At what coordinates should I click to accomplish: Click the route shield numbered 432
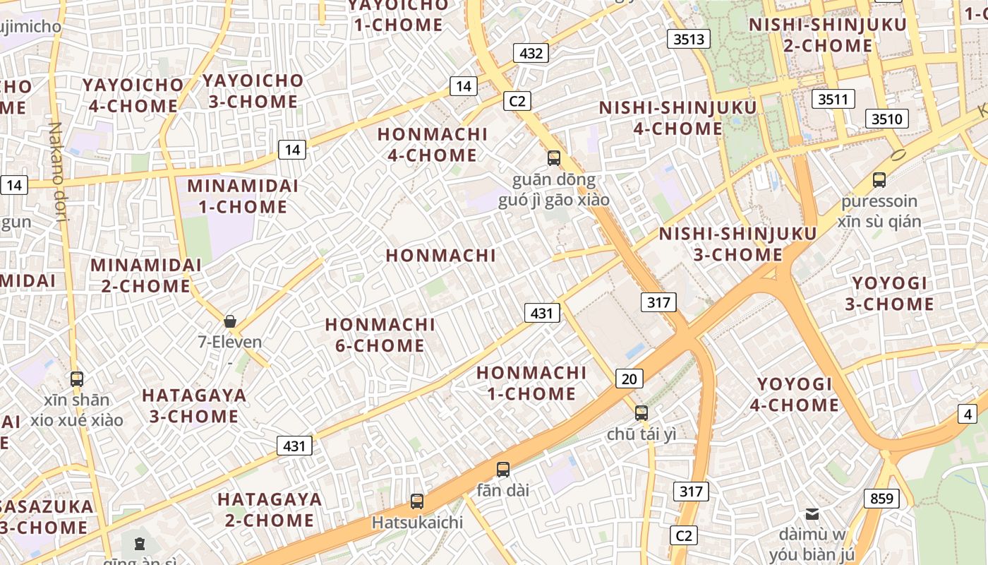pyautogui.click(x=531, y=53)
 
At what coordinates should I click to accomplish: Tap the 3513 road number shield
pyautogui.click(x=689, y=40)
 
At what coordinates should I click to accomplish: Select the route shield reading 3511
pyautogui.click(x=833, y=99)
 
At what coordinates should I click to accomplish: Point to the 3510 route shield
pyautogui.click(x=886, y=119)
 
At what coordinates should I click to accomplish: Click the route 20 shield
pyautogui.click(x=629, y=379)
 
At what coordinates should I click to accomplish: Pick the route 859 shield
pyautogui.click(x=881, y=499)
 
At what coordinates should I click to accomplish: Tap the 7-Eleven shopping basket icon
pyautogui.click(x=230, y=322)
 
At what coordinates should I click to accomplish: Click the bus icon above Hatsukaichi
pyautogui.click(x=417, y=501)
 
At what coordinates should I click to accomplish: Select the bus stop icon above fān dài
pyautogui.click(x=502, y=469)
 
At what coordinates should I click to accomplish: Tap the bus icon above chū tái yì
pyautogui.click(x=641, y=413)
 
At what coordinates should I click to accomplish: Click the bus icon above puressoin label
pyautogui.click(x=879, y=179)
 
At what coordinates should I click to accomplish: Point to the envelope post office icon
pyautogui.click(x=812, y=513)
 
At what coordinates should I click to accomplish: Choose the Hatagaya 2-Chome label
pyautogui.click(x=270, y=509)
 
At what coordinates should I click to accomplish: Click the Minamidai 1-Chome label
pyautogui.click(x=242, y=196)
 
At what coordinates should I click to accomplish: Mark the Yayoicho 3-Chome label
pyautogui.click(x=253, y=91)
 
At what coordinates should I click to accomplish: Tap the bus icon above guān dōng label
pyautogui.click(x=554, y=158)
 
